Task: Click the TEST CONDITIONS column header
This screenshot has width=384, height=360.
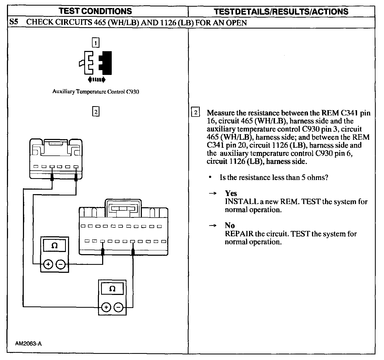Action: pyautogui.click(x=95, y=11)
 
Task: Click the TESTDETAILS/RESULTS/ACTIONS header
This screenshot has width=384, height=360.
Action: pyautogui.click(x=281, y=11)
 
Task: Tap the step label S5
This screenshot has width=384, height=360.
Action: pyautogui.click(x=14, y=22)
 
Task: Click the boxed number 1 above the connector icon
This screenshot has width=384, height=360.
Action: pyautogui.click(x=95, y=43)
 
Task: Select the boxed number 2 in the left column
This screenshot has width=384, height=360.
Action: pyautogui.click(x=95, y=111)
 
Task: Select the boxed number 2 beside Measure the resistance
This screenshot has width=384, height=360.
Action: pyautogui.click(x=195, y=113)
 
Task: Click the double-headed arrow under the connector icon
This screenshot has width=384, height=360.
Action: pyautogui.click(x=97, y=79)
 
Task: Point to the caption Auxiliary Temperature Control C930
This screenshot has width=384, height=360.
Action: pyautogui.click(x=96, y=92)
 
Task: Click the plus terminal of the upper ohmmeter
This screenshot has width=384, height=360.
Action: pyautogui.click(x=48, y=265)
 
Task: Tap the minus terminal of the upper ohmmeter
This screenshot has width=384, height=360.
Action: pyautogui.click(x=61, y=265)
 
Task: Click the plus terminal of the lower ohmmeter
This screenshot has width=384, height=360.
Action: pyautogui.click(x=106, y=307)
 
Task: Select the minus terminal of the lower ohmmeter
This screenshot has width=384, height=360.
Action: pyautogui.click(x=119, y=307)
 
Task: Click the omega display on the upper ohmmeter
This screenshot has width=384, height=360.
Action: pyautogui.click(x=54, y=245)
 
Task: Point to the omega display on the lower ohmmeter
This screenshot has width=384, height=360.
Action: pyautogui.click(x=112, y=289)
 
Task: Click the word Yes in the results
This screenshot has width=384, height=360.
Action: pyautogui.click(x=231, y=193)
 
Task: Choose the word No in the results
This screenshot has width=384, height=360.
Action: pyautogui.click(x=230, y=226)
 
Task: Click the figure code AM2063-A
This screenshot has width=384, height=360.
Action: pyautogui.click(x=29, y=343)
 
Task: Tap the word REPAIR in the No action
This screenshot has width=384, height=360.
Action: pyautogui.click(x=239, y=234)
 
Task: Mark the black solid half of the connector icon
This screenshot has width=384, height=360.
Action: pyautogui.click(x=106, y=63)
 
